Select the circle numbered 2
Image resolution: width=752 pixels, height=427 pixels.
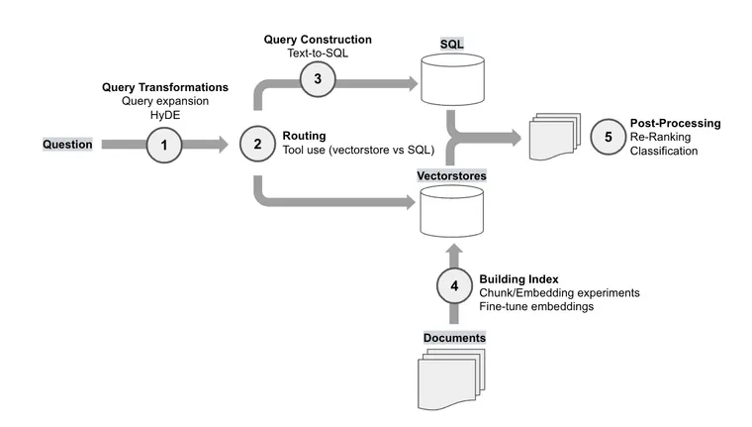pos(257,145)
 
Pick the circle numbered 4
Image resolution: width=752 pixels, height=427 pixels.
pos(454,286)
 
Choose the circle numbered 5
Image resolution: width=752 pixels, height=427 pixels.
pos(608,138)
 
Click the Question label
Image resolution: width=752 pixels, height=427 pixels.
pos(67,145)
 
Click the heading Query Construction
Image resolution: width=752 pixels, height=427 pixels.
pos(317,40)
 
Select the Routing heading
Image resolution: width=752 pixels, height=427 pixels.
pos(304,136)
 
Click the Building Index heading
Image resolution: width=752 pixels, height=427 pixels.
pos(519,278)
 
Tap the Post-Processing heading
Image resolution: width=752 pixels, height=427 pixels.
pos(675,124)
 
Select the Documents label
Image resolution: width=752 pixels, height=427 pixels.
pos(454,338)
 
